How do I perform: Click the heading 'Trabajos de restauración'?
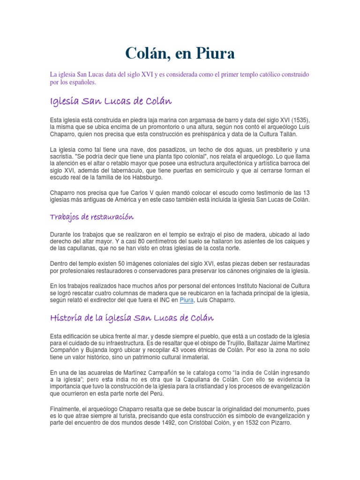point(92,217)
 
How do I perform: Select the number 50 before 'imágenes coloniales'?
point(122,264)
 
